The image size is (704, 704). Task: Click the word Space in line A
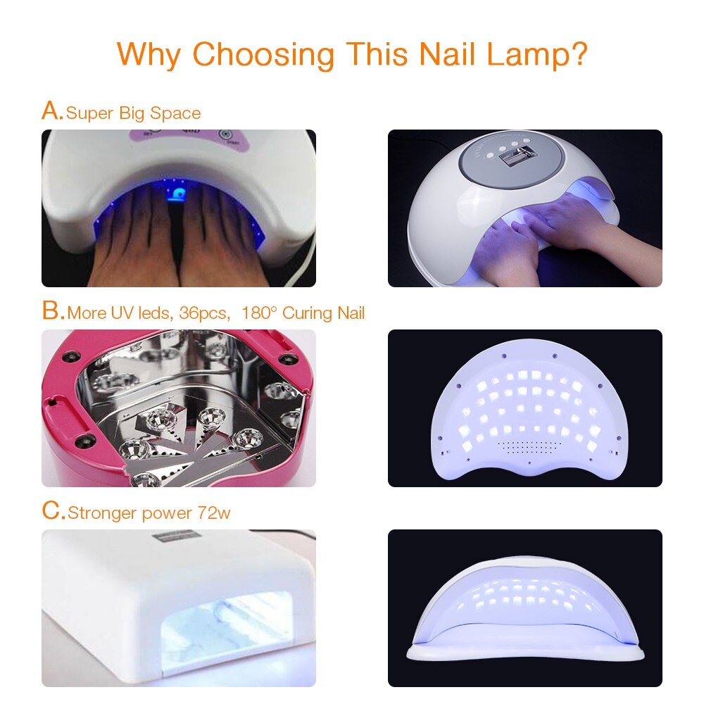(x=175, y=114)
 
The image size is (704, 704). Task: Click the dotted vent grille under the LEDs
(x=529, y=446)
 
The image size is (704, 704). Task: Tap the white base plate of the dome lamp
(x=525, y=653)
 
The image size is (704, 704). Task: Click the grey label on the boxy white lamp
(x=175, y=536)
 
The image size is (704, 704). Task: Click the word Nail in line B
(x=351, y=313)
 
